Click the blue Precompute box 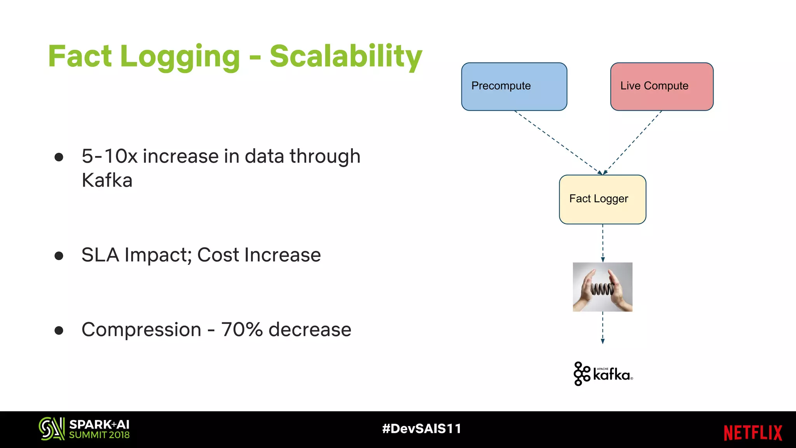point(514,86)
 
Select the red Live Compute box point(662,86)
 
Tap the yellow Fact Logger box point(602,199)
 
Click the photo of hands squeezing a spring point(602,287)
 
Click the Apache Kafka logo point(603,374)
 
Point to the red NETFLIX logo point(752,432)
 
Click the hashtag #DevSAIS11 point(422,429)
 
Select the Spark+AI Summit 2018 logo point(84,429)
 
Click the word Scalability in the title point(346,56)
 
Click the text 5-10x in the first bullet point(110,156)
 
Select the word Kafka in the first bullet point(107,180)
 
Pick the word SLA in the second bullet point(100,255)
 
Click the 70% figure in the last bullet point(242,329)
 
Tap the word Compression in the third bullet point(141,330)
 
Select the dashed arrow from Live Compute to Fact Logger point(633,142)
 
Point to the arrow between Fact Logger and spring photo point(603,243)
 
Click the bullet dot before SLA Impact point(59,255)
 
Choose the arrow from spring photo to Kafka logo point(603,327)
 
